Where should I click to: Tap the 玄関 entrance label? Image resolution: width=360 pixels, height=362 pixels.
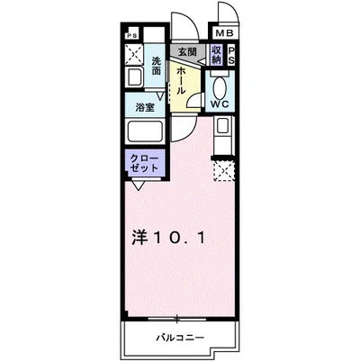[x=186, y=52]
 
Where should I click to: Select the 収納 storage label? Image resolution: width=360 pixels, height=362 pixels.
[x=216, y=56]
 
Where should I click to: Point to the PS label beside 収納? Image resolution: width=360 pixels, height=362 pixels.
[x=232, y=56]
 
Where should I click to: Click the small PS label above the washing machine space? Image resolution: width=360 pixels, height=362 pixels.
[x=132, y=37]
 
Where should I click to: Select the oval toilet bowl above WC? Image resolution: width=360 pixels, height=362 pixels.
[x=220, y=86]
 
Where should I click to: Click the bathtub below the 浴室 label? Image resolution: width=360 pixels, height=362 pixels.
[x=145, y=131]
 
